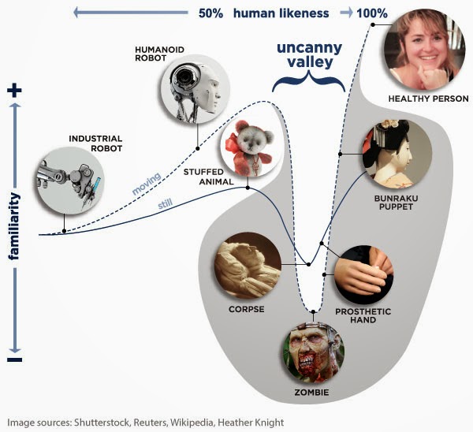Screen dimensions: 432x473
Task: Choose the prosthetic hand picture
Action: [x=363, y=274]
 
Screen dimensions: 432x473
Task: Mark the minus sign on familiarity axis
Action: [x=15, y=359]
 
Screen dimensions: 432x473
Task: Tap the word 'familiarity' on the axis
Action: [x=16, y=226]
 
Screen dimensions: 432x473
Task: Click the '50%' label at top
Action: [x=210, y=13]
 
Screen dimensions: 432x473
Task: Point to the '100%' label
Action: [x=371, y=13]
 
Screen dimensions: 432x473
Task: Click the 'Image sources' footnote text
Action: [x=146, y=423]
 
